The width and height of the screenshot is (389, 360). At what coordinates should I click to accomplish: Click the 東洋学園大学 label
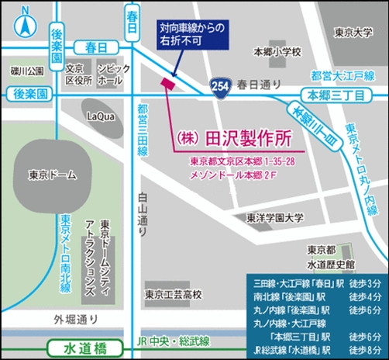[x=275, y=219]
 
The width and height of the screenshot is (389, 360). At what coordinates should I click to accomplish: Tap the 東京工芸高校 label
[x=173, y=294]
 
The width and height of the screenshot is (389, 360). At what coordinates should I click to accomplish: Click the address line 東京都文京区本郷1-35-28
[x=242, y=162]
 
